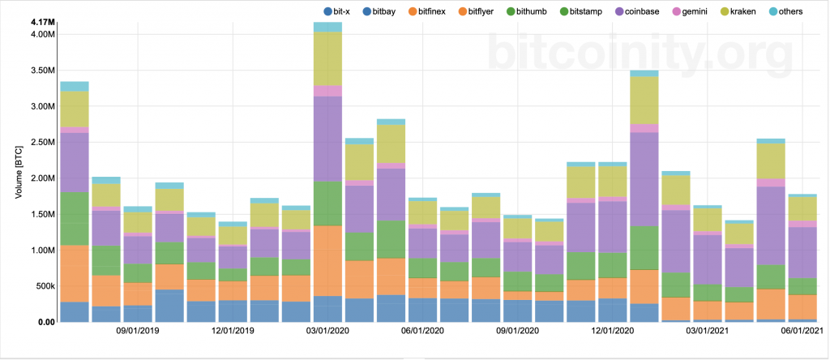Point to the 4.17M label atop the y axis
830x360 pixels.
pos(41,21)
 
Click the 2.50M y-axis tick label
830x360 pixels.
pos(41,143)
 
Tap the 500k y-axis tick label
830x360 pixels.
pos(43,286)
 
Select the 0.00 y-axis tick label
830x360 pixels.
pos(45,322)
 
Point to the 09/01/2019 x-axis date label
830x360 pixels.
pos(138,332)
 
